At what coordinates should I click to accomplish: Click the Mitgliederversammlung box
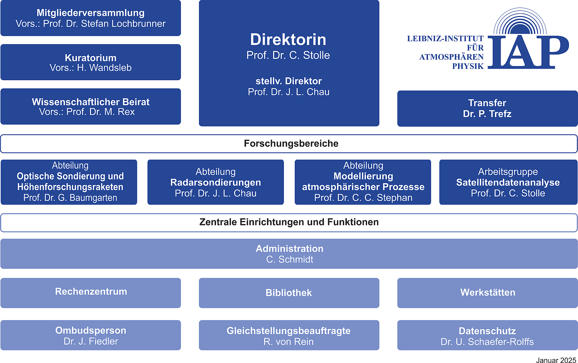coord(91,18)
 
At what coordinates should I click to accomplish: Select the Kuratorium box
coord(91,62)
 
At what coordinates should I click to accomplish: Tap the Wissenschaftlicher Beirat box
coord(91,107)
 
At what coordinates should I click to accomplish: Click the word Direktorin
coord(288,39)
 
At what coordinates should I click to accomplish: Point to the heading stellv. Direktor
coord(289,81)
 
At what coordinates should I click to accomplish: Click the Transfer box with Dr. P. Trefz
coord(487,108)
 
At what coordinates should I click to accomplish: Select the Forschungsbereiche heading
coord(291,143)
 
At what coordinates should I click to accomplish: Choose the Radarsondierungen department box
coord(215,182)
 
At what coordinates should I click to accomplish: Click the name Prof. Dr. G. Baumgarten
coord(70,198)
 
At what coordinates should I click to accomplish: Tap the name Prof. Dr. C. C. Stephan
coord(363,198)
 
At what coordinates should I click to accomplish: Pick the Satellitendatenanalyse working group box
coord(508,182)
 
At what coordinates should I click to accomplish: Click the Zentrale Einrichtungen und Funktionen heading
coord(289,222)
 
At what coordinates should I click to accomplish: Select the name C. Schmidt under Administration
coord(289,259)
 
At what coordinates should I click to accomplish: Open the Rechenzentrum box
coord(91,293)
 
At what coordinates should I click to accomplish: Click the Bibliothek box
coord(289,293)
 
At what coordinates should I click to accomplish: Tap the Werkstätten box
coord(487,293)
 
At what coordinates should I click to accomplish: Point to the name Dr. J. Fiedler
coord(91,341)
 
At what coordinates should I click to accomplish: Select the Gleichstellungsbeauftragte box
coord(289,335)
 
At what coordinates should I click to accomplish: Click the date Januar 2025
coord(556,360)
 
